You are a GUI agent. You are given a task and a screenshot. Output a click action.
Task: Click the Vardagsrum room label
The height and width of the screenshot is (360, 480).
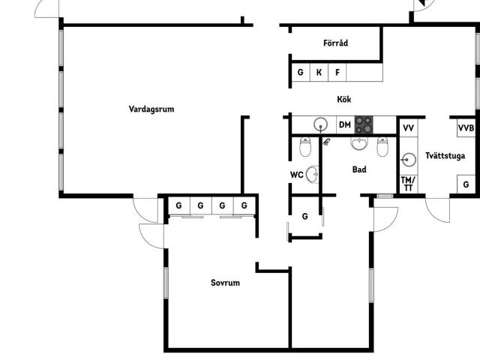click(151, 109)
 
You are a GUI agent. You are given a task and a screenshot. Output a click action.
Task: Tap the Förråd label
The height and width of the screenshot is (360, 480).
click(335, 43)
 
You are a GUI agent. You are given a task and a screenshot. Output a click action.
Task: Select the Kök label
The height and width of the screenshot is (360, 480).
click(344, 99)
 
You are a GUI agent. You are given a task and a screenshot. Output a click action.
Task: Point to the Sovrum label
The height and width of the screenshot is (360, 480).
click(225, 283)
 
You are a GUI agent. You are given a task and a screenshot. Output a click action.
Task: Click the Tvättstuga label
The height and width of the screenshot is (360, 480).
click(445, 156)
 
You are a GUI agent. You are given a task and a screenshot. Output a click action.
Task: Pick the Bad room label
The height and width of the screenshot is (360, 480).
click(359, 169)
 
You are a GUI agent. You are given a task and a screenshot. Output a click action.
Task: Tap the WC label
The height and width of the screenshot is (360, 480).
click(297, 175)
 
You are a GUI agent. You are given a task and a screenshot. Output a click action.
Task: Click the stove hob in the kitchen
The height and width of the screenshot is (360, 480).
click(364, 125)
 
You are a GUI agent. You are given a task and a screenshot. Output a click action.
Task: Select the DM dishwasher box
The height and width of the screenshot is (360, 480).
click(345, 125)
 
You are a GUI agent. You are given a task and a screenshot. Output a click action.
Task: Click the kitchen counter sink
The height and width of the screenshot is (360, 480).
click(320, 124)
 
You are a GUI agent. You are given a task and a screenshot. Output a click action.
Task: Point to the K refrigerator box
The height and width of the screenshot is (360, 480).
click(319, 72)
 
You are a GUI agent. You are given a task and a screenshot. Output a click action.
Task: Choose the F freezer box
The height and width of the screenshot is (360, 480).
click(337, 72)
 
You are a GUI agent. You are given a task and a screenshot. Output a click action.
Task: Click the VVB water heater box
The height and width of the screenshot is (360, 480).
click(466, 128)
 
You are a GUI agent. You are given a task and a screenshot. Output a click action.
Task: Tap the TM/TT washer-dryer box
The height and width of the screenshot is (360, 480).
click(408, 184)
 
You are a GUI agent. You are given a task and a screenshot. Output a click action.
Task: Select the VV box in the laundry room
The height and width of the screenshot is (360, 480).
click(409, 127)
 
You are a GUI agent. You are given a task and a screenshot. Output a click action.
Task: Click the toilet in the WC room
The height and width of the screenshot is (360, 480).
click(305, 147)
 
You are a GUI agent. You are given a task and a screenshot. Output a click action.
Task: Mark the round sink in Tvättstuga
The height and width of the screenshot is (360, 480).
click(409, 160)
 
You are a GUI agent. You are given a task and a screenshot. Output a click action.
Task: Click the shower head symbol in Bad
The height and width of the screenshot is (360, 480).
click(327, 142)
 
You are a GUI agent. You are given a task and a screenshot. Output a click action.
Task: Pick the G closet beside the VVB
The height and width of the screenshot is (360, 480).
click(466, 184)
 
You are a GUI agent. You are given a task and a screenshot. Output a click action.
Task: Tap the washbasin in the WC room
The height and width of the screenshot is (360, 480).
click(313, 175)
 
